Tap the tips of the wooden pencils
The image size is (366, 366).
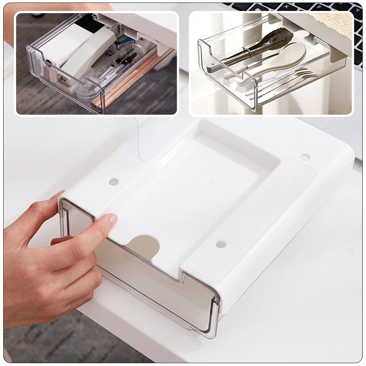tap(96, 106)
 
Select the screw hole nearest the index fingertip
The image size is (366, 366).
tap(113, 182)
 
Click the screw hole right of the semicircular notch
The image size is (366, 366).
tap(220, 244)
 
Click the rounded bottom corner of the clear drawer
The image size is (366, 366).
tap(210, 329)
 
